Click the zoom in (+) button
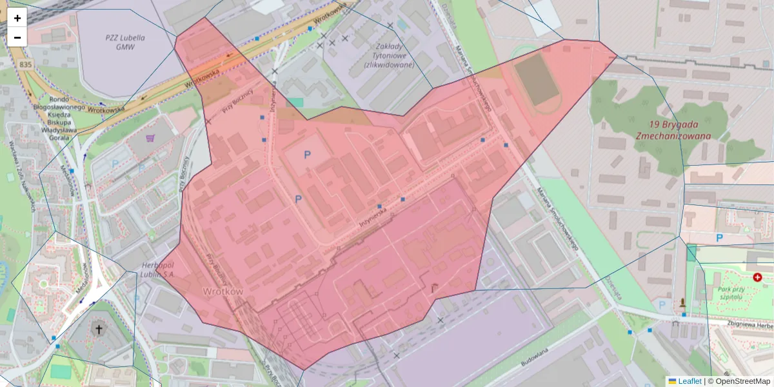(17, 18)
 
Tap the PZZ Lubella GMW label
(125, 42)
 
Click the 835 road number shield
(26, 65)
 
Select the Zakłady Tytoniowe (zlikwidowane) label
(388, 55)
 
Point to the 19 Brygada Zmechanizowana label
(673, 130)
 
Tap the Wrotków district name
(223, 292)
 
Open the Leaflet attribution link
(689, 381)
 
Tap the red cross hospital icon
(757, 277)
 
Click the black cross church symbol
(99, 330)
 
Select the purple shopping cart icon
(150, 137)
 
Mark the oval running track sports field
(537, 81)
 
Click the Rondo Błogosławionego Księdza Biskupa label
(59, 114)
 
